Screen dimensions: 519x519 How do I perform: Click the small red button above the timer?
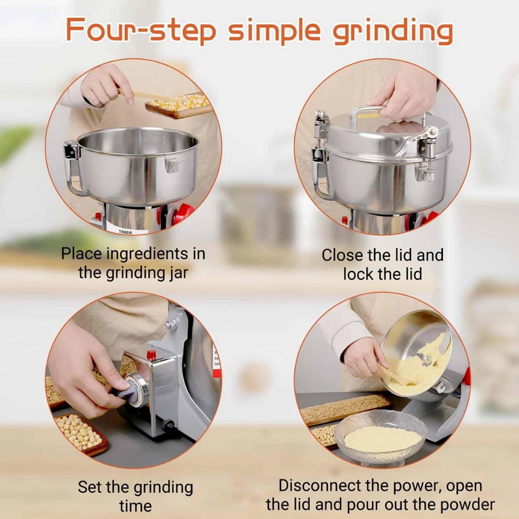click(151, 355)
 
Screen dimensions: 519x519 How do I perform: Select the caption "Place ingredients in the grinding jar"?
click(133, 263)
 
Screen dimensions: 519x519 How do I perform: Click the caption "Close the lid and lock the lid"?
click(382, 264)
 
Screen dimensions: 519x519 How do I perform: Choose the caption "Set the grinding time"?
click(135, 496)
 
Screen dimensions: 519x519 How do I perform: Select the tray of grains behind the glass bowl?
click(345, 408)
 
